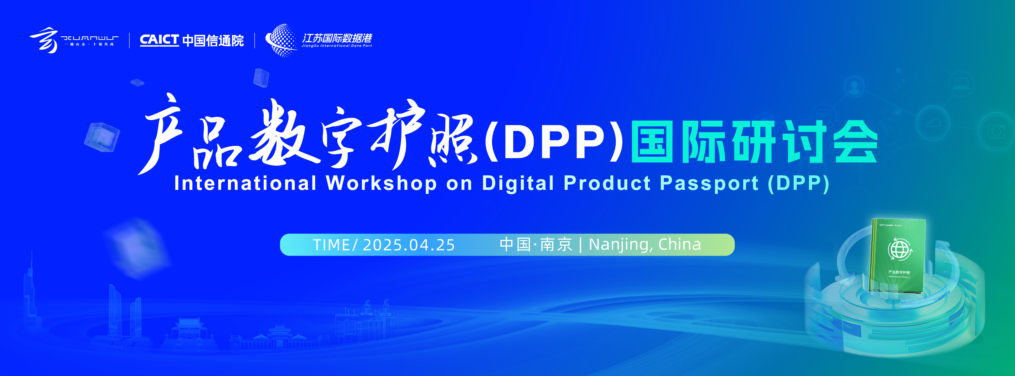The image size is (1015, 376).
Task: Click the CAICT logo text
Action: (159, 40)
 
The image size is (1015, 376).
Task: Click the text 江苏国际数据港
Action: (337, 38)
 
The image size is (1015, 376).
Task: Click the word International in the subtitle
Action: (245, 183)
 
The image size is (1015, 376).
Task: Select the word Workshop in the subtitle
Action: (381, 183)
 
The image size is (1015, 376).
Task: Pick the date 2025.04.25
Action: (409, 245)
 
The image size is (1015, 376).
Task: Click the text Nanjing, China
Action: (645, 244)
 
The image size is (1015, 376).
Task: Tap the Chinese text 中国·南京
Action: (536, 244)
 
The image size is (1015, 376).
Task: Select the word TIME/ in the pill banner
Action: (335, 245)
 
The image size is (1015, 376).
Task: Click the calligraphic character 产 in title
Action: (162, 134)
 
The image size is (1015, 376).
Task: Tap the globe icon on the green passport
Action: (899, 249)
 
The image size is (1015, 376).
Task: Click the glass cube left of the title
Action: (102, 137)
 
